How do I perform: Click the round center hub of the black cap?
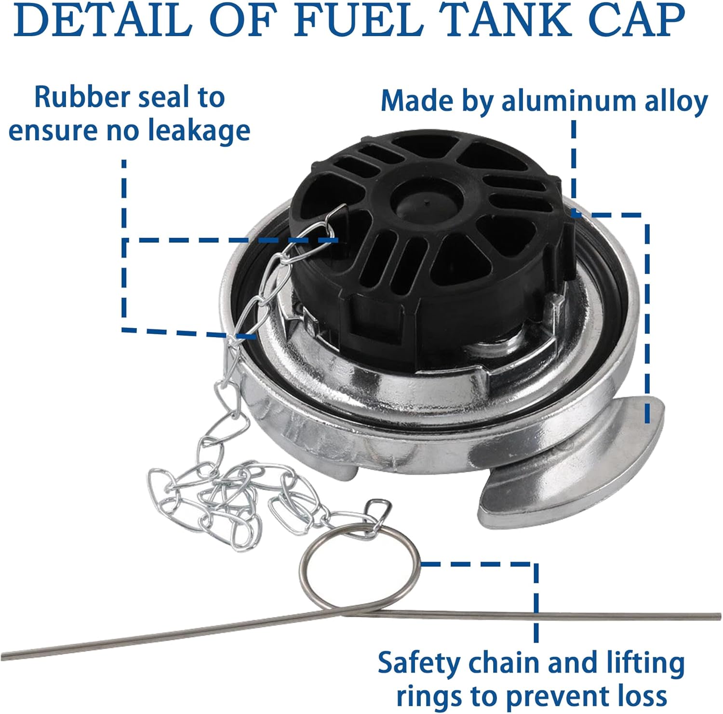coord(426,200)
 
